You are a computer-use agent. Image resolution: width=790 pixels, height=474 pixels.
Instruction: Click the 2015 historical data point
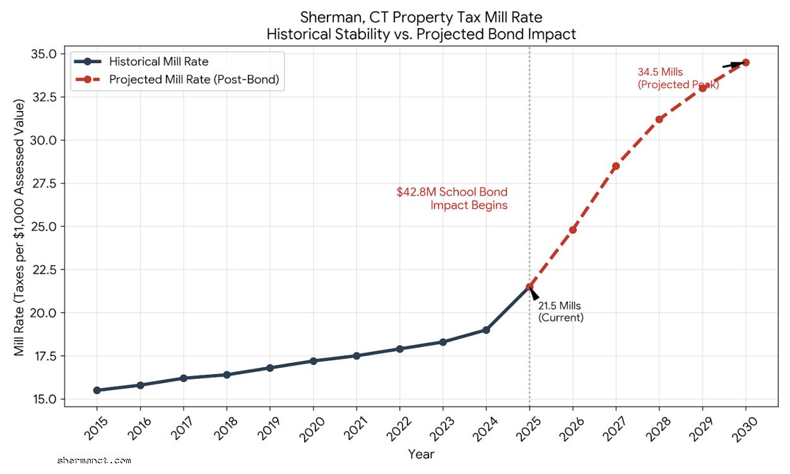[x=97, y=390]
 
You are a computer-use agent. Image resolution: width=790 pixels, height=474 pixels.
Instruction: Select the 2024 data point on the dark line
[x=486, y=329]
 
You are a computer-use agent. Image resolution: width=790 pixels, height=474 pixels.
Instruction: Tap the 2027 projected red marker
[x=616, y=166]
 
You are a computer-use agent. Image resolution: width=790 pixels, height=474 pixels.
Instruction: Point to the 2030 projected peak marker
[x=746, y=62]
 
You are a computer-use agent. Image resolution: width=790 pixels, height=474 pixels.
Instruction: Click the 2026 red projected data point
[x=573, y=230]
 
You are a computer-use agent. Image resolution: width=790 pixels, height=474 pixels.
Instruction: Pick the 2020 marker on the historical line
[x=313, y=361]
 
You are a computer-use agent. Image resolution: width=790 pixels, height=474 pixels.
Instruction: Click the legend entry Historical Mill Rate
[x=158, y=62]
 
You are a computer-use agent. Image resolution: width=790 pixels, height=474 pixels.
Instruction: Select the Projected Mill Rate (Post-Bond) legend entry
[x=194, y=80]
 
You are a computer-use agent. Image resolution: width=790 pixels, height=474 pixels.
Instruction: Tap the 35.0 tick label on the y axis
[x=44, y=54]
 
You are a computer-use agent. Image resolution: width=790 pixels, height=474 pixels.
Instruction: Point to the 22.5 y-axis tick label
[x=44, y=270]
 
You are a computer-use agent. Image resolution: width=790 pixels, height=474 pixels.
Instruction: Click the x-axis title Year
[x=421, y=454]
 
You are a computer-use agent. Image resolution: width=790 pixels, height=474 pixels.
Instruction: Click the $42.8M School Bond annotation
[x=452, y=198]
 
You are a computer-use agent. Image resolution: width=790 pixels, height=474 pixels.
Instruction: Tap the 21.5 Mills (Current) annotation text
[x=560, y=312]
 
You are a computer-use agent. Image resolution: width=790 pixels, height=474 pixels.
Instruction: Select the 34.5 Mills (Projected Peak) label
[x=678, y=78]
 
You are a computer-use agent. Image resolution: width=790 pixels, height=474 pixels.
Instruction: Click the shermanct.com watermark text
[x=93, y=461]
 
